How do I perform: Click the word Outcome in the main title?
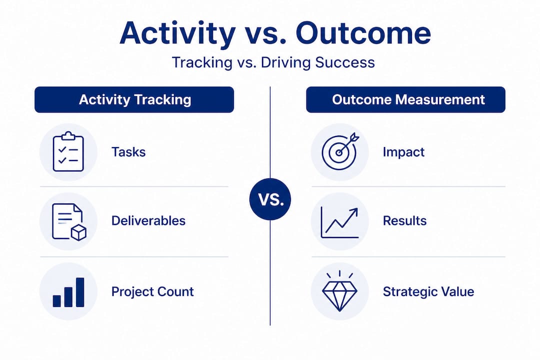(x=363, y=33)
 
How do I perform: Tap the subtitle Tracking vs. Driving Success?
(x=273, y=62)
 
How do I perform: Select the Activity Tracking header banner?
(x=134, y=99)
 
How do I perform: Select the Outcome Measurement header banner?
(x=405, y=99)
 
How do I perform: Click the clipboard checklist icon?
(x=68, y=151)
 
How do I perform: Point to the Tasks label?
(x=128, y=152)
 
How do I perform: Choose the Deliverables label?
(x=148, y=221)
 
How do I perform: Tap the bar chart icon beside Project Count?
(x=68, y=292)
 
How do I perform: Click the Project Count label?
(x=152, y=292)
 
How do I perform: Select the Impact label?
(x=403, y=152)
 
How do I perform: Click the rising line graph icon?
(x=339, y=222)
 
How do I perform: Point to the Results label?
(x=404, y=221)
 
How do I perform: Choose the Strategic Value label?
(x=428, y=292)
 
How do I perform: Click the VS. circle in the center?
(x=270, y=199)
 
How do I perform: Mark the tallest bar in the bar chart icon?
(x=80, y=292)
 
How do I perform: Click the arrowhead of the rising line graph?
(x=353, y=212)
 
